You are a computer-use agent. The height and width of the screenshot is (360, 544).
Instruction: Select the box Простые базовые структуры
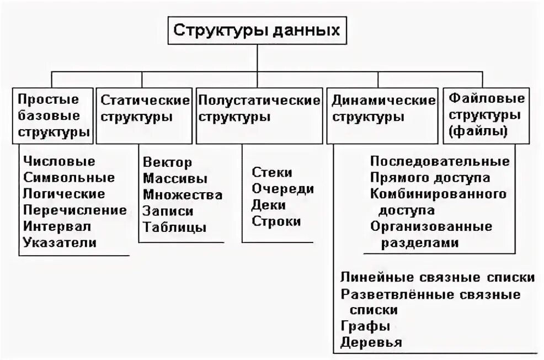pyautogui.click(x=54, y=116)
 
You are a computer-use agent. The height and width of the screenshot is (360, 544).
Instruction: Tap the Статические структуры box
pyautogui.click(x=144, y=109)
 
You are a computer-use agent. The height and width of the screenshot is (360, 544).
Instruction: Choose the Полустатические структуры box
pyautogui.click(x=259, y=109)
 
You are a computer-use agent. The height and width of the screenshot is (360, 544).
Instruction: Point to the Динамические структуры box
pyautogui.click(x=383, y=109)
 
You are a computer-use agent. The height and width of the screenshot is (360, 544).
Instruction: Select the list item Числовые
pyautogui.click(x=60, y=162)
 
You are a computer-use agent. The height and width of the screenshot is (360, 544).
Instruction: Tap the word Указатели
pyautogui.click(x=60, y=242)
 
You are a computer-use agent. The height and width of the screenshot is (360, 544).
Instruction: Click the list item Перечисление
pyautogui.click(x=75, y=210)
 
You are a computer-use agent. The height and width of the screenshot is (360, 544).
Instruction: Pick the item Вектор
pyautogui.click(x=168, y=162)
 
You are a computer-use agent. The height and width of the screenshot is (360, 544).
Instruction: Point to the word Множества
pyautogui.click(x=183, y=194)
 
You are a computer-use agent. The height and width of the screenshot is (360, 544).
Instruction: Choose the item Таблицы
pyautogui.click(x=175, y=227)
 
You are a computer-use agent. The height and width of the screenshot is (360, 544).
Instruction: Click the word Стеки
pyautogui.click(x=272, y=172)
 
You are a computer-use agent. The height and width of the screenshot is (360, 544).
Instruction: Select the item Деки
pyautogui.click(x=269, y=205)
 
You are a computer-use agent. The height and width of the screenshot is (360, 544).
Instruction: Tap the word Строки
pyautogui.click(x=277, y=221)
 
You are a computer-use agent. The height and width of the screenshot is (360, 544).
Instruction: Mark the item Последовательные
pyautogui.click(x=440, y=162)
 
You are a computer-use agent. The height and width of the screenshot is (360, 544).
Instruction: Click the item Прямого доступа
pyautogui.click(x=430, y=178)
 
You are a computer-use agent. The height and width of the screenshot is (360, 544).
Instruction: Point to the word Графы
pyautogui.click(x=365, y=326)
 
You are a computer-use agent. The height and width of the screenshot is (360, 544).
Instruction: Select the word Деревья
pyautogui.click(x=371, y=342)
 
